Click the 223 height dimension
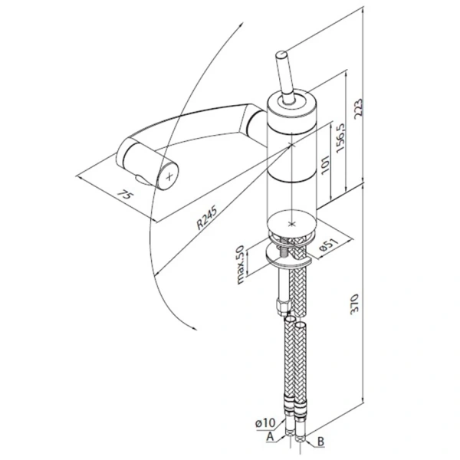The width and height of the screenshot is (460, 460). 359,109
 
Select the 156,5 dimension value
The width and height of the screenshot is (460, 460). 341,137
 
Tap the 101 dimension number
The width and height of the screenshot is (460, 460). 326,164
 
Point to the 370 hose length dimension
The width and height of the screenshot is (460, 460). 355,304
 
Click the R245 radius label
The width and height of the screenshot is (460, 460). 207,218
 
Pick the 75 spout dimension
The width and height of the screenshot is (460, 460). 123,195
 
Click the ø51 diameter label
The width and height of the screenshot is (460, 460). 329,245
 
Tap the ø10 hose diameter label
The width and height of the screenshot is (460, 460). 265,423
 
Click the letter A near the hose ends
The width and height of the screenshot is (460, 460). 270,436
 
